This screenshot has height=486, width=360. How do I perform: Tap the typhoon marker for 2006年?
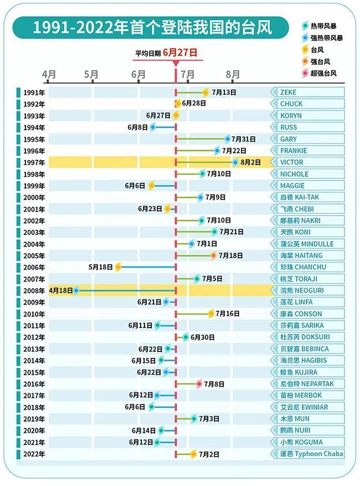tap(118, 267)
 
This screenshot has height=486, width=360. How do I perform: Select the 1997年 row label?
tap(34, 162)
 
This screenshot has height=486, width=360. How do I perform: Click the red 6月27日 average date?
tap(180, 53)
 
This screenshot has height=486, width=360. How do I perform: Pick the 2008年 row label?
tap(34, 290)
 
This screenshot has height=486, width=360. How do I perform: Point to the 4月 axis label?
tap(49, 74)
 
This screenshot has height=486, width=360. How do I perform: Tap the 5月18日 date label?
tap(100, 267)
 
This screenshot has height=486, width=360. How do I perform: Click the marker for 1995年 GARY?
tap(228, 139)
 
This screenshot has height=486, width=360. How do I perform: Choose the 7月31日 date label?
tap(244, 139)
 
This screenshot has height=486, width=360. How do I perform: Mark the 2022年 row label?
tap(34, 454)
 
